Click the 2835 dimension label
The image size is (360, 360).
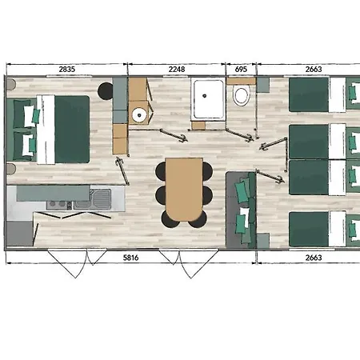coord(67,70)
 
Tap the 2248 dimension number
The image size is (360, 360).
coord(177,70)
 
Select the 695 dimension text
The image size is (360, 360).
coord(241,70)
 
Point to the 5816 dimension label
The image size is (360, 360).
coord(130,258)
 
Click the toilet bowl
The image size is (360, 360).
coord(242,95)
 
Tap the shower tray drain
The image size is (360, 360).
coord(205,95)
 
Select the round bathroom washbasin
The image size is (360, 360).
coord(139,115)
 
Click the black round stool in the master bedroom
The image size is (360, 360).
coord(106,91)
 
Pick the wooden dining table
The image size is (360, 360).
coord(184,190)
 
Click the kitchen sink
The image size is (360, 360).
coord(101,199)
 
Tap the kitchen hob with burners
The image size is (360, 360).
coord(59,205)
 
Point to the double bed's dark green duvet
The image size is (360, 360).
coord(72,129)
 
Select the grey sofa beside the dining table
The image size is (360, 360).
coord(241,210)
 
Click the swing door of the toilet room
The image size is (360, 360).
coord(240,134)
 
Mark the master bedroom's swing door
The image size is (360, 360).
coord(122,171)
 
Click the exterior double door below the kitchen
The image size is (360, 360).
coord(78,262)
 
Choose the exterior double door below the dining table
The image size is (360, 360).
coord(189,263)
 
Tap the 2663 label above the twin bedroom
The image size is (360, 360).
coord(314,70)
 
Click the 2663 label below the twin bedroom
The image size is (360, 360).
coord(314,258)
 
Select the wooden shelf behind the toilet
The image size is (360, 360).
coord(241,81)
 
